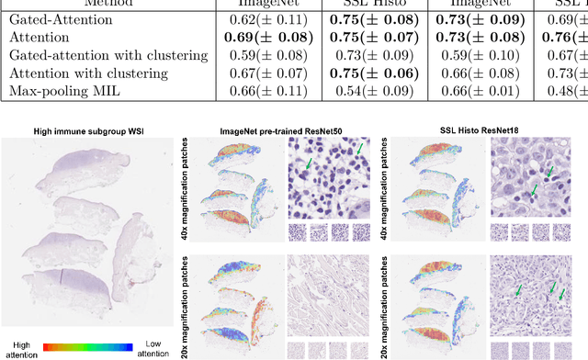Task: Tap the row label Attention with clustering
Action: pyautogui.click(x=75, y=72)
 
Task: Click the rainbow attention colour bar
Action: pyautogui.click(x=89, y=322)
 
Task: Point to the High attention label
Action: pyautogui.click(x=22, y=343)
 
